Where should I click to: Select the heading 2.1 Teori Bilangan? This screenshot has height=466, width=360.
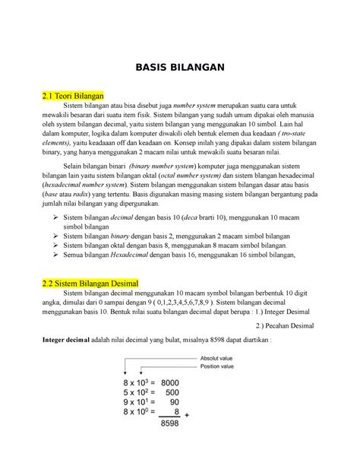pyautogui.click(x=76, y=97)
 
